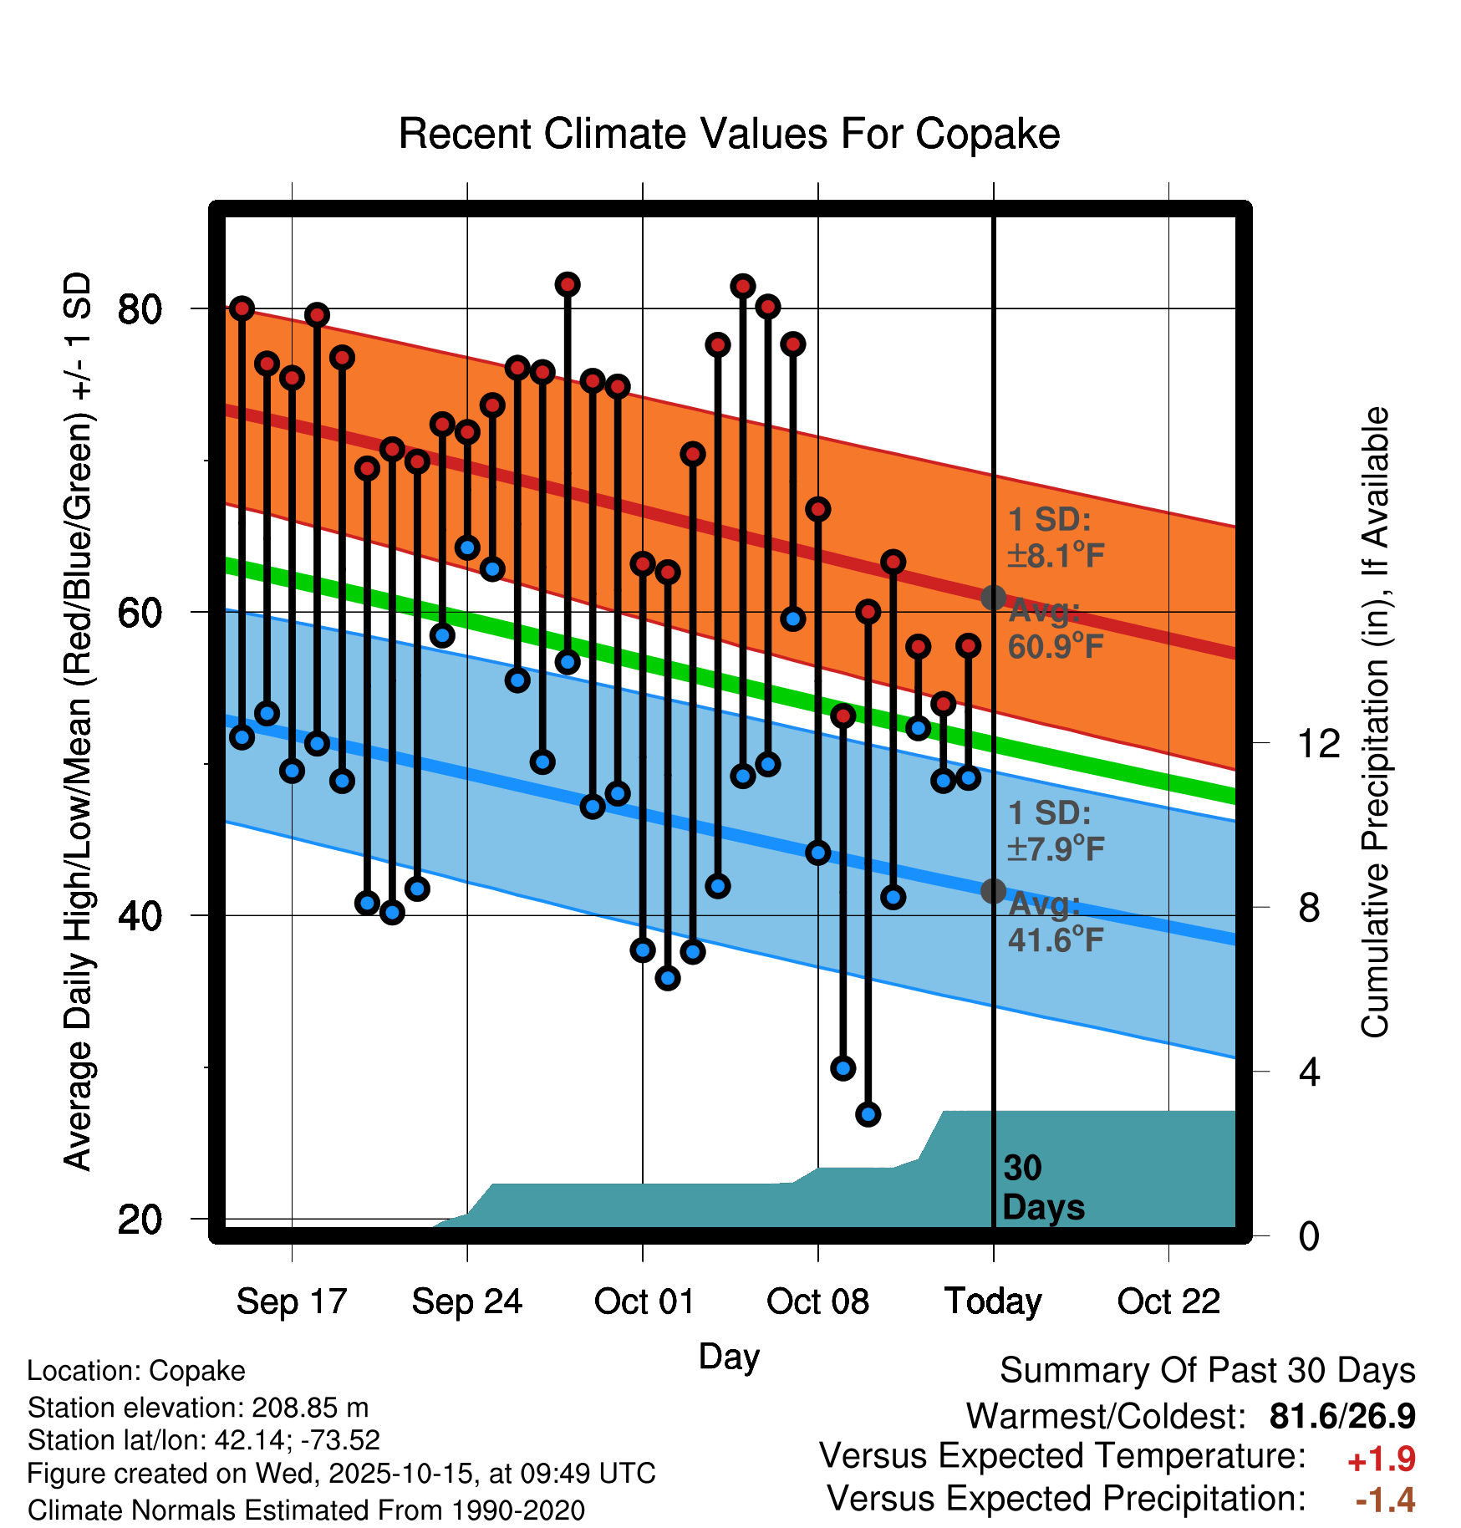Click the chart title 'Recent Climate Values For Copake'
[729, 134]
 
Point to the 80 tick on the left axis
[140, 309]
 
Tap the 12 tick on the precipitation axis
[1319, 743]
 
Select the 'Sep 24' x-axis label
[466, 1301]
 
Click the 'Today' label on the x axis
[993, 1301]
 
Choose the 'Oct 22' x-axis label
[1168, 1301]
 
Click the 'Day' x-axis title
[729, 1357]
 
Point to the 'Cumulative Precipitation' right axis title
[1375, 722]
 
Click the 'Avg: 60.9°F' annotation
[1055, 629]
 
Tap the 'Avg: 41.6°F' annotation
[1055, 923]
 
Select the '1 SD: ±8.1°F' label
[1055, 537]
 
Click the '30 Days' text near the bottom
[1042, 1188]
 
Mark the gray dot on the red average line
[993, 598]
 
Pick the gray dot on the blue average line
[993, 891]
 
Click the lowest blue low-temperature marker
[868, 1114]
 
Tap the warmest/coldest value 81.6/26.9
[1341, 1416]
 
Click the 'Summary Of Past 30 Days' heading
[1207, 1371]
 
